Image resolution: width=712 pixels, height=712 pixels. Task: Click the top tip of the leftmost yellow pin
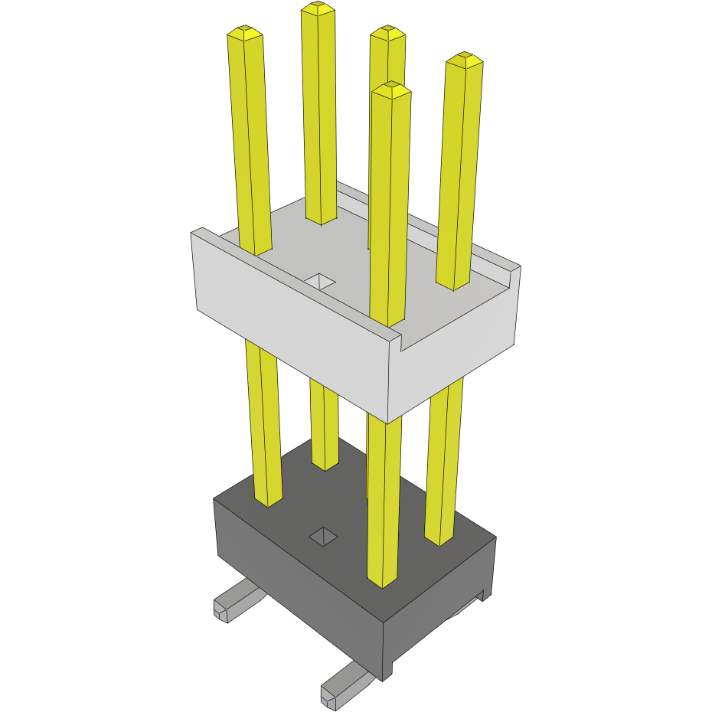point(245,34)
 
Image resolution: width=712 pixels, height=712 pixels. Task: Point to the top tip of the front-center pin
point(391,90)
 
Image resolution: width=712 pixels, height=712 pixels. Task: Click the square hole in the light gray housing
point(320,281)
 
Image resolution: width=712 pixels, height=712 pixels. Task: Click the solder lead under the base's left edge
point(234,600)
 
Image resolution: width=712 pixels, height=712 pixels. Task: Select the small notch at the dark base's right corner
point(482,594)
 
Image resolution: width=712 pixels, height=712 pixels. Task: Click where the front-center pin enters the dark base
point(383,583)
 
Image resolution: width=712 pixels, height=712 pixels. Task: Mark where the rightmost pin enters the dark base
point(439,541)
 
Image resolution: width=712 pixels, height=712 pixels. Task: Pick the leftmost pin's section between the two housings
point(263,421)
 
